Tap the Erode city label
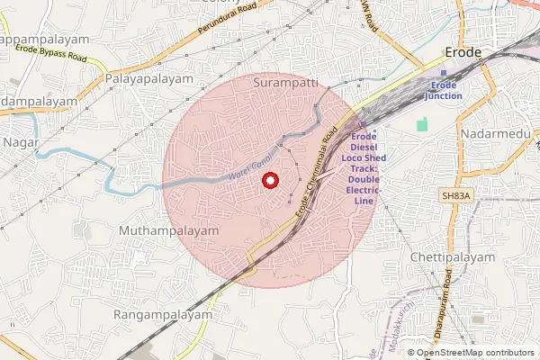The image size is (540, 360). (463, 53)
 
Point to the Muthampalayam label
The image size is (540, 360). (169, 231)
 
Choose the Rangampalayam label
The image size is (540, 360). (163, 315)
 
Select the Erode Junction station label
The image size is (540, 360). (445, 90)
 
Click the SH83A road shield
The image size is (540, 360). (456, 194)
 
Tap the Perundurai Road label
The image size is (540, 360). (231, 26)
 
